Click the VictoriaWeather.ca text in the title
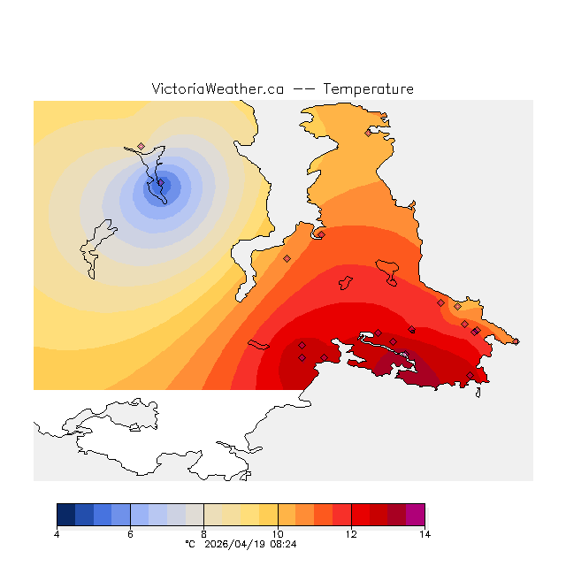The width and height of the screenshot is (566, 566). pyautogui.click(x=218, y=89)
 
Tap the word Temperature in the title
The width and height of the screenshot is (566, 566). pyautogui.click(x=368, y=89)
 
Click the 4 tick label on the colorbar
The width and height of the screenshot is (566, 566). pyautogui.click(x=57, y=533)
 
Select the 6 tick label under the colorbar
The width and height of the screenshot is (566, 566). pyautogui.click(x=130, y=533)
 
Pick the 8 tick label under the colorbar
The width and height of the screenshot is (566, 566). pyautogui.click(x=203, y=533)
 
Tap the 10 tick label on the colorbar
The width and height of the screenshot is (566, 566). pyautogui.click(x=278, y=533)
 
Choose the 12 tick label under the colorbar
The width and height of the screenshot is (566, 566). pyautogui.click(x=351, y=533)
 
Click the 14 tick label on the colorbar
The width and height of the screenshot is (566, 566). pyautogui.click(x=424, y=533)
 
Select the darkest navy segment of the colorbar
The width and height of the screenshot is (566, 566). pyautogui.click(x=65, y=515)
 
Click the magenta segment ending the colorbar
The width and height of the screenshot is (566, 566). pyautogui.click(x=416, y=515)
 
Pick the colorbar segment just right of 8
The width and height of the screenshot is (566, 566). pyautogui.click(x=213, y=515)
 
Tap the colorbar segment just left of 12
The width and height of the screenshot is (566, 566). pyautogui.click(x=341, y=515)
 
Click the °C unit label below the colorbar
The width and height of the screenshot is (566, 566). pyautogui.click(x=189, y=544)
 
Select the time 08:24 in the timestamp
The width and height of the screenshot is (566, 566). pyautogui.click(x=283, y=544)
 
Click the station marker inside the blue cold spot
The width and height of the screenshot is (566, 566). pyautogui.click(x=161, y=183)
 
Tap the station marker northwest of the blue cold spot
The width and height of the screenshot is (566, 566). pyautogui.click(x=141, y=147)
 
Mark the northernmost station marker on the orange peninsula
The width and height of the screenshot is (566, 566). pyautogui.click(x=368, y=134)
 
